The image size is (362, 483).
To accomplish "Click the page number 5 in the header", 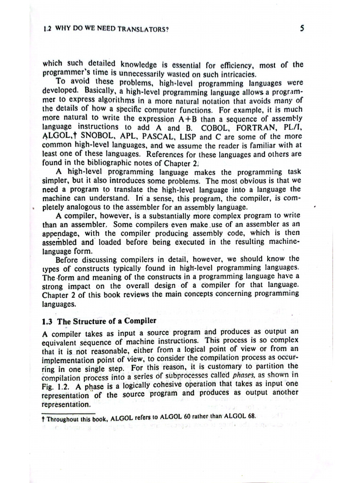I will click(x=302, y=28).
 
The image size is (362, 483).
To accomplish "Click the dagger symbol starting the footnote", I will click(x=43, y=417).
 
